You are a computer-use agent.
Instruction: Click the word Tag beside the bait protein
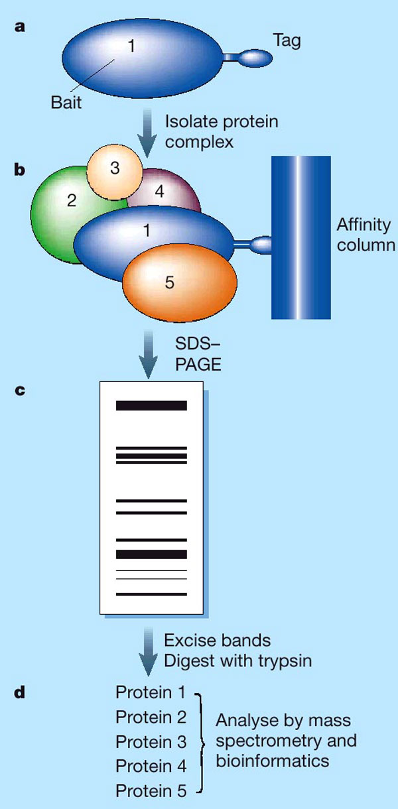[287, 41]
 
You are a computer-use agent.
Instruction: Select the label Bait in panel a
[66, 103]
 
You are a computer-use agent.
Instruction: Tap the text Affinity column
[364, 234]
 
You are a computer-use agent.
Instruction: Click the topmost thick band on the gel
[152, 405]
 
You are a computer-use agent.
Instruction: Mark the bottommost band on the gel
[152, 594]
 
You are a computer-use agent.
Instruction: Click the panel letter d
[20, 694]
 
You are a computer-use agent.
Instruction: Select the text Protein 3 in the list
[151, 741]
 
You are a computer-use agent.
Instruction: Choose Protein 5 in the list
[151, 790]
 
